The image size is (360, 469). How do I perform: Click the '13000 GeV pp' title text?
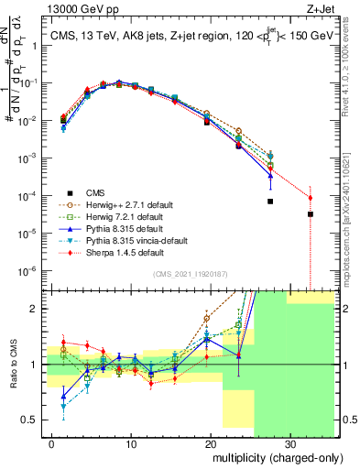click(82, 10)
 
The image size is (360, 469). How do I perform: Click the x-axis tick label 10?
click(131, 442)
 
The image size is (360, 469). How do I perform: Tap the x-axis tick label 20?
click(210, 442)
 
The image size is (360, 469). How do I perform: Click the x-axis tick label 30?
click(289, 442)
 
